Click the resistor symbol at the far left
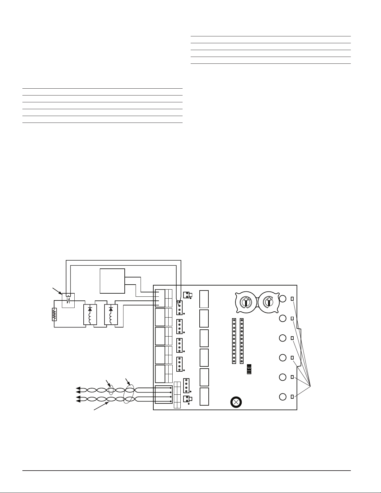(x=55, y=314)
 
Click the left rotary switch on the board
(x=246, y=302)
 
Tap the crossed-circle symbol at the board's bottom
(x=236, y=402)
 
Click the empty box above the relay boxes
(x=112, y=281)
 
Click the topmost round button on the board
(x=283, y=299)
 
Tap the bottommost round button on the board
(x=283, y=397)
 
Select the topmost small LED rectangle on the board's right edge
(x=292, y=299)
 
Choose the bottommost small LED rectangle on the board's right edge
(x=292, y=397)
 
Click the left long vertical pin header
(x=234, y=341)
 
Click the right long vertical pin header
(x=242, y=341)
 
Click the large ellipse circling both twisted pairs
(x=129, y=394)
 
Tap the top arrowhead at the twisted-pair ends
(x=78, y=388)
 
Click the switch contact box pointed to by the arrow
(x=68, y=300)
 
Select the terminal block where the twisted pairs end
(x=163, y=395)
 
